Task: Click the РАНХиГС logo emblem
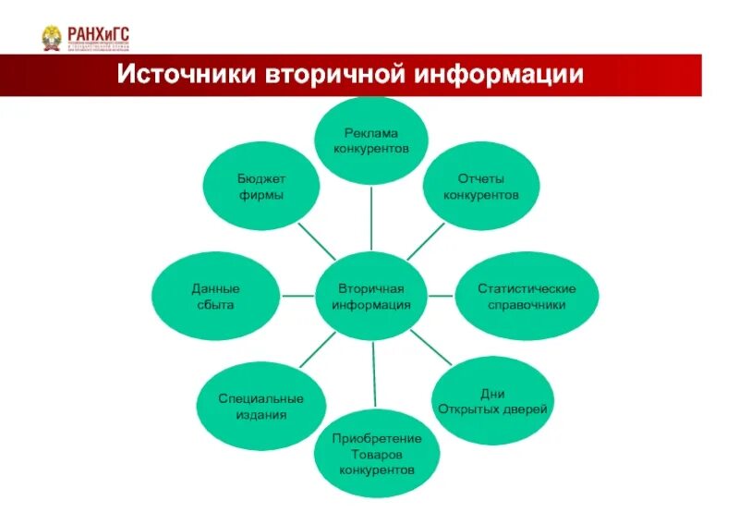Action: click(x=53, y=39)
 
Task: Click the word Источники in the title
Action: click(x=188, y=74)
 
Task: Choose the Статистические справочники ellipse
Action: click(x=527, y=296)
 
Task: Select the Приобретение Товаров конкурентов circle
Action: click(x=376, y=453)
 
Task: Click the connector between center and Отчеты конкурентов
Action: click(x=424, y=242)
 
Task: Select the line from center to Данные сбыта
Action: click(x=298, y=296)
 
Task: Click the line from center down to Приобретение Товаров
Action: click(x=374, y=374)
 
